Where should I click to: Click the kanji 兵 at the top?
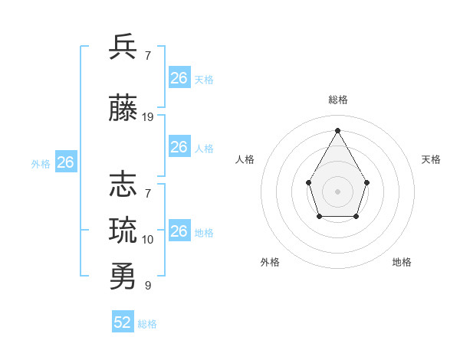123,47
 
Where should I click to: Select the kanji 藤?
123,109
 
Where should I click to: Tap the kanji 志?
123,185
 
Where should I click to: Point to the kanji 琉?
123,231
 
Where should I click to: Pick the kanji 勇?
123,276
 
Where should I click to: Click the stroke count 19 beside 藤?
148,117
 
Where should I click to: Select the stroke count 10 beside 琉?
148,240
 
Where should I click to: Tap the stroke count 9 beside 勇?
148,286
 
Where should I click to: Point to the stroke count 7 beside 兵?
148,56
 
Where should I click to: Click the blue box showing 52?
123,322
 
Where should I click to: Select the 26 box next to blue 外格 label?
65,162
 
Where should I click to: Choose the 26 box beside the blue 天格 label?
179,78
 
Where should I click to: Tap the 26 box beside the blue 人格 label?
179,147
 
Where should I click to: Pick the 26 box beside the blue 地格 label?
179,231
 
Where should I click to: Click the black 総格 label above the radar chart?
337,100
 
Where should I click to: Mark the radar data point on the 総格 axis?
337,129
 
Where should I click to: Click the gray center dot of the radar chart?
337,191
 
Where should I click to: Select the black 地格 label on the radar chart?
402,262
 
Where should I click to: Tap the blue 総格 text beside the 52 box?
147,324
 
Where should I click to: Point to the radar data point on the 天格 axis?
367,182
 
